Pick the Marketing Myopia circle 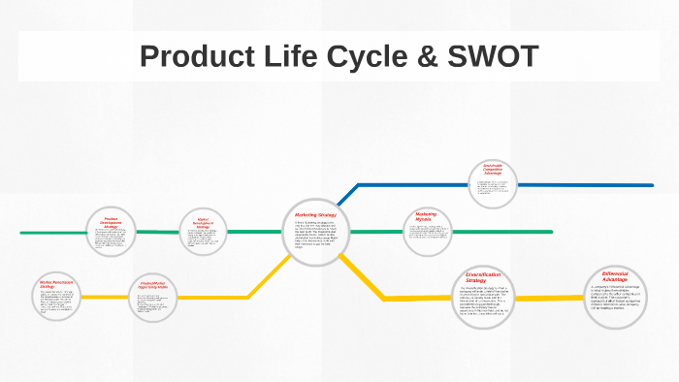coord(427,231)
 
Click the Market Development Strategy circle coord(203,234)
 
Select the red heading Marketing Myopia coord(427,216)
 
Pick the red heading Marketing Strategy coord(314,214)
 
